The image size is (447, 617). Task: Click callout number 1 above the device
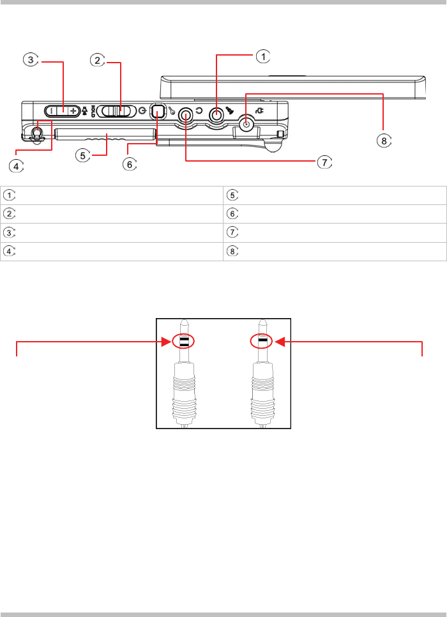[x=263, y=56]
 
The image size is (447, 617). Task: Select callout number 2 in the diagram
[x=98, y=60]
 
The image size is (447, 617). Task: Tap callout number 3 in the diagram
[x=31, y=60]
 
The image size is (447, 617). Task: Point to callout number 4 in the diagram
[x=16, y=166]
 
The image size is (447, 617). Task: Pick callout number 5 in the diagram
[x=82, y=155]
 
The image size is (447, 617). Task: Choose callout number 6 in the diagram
[x=130, y=164]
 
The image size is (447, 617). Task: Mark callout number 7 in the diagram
[x=324, y=162]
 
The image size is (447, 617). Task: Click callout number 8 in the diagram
[x=384, y=141]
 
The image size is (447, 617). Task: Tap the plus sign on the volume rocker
[x=73, y=111]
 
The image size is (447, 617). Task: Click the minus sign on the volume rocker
[x=51, y=111]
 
